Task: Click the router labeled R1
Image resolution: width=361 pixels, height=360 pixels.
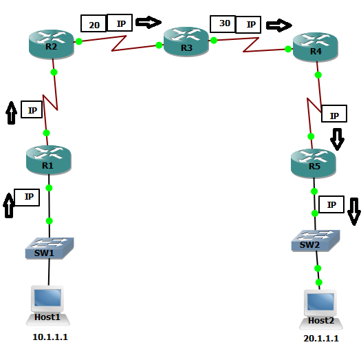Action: pyautogui.click(x=47, y=159)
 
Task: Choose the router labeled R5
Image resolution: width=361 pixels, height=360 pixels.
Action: pyautogui.click(x=314, y=162)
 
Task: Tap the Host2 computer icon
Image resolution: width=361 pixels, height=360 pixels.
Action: pyautogui.click(x=320, y=305)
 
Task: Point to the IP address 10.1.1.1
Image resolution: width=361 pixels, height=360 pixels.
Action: pyautogui.click(x=50, y=338)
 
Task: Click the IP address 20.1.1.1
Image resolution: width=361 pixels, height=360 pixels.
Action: pyautogui.click(x=320, y=339)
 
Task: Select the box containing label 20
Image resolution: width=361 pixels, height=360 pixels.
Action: pyautogui.click(x=94, y=24)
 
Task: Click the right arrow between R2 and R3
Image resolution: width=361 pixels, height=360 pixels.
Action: pyautogui.click(x=148, y=23)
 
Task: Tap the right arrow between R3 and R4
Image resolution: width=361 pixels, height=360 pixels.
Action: pyautogui.click(x=278, y=25)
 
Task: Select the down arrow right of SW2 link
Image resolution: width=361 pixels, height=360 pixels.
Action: pyautogui.click(x=353, y=211)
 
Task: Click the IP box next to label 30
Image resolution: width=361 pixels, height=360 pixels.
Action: pyautogui.click(x=249, y=25)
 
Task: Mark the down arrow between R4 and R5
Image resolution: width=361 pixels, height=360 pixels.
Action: pyautogui.click(x=337, y=138)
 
